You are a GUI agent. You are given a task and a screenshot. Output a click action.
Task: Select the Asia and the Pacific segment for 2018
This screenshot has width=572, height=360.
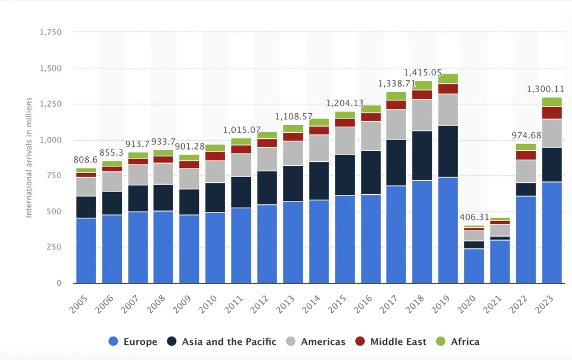(422, 156)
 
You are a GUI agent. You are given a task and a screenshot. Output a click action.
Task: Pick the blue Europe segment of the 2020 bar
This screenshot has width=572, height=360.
(474, 266)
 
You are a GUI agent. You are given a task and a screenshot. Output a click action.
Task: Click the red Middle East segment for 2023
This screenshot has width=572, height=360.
(552, 113)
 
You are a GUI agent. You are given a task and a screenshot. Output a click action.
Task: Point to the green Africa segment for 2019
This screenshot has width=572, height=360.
(448, 79)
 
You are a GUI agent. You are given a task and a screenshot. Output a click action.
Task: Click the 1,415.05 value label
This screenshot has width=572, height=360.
(422, 73)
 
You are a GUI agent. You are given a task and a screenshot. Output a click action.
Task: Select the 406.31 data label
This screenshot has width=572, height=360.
(474, 217)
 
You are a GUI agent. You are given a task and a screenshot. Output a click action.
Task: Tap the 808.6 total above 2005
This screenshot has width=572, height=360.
(85, 160)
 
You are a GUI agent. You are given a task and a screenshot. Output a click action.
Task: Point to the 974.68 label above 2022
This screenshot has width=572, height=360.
(526, 135)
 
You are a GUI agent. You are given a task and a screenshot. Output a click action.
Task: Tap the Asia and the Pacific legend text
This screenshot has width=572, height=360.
(229, 342)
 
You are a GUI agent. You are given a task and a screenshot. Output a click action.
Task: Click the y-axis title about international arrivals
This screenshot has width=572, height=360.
(29, 157)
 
